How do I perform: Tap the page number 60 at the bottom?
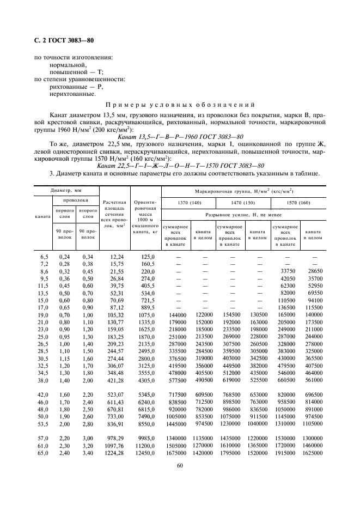pos(180,465)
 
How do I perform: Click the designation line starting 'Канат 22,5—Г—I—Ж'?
pos(180,166)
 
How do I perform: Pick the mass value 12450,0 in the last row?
pos(145,452)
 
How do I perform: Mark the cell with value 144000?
pos(175,315)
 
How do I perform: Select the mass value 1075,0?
pos(146,315)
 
